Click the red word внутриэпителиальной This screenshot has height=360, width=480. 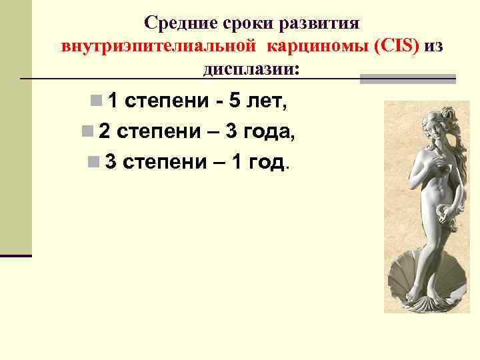coord(159,47)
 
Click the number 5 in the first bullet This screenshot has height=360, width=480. coord(234,101)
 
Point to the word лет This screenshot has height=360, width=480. coord(269,101)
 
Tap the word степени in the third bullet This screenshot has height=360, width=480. coord(164,162)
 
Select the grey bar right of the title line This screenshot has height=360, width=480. coord(407,79)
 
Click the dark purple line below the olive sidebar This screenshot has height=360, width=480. coord(16,255)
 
